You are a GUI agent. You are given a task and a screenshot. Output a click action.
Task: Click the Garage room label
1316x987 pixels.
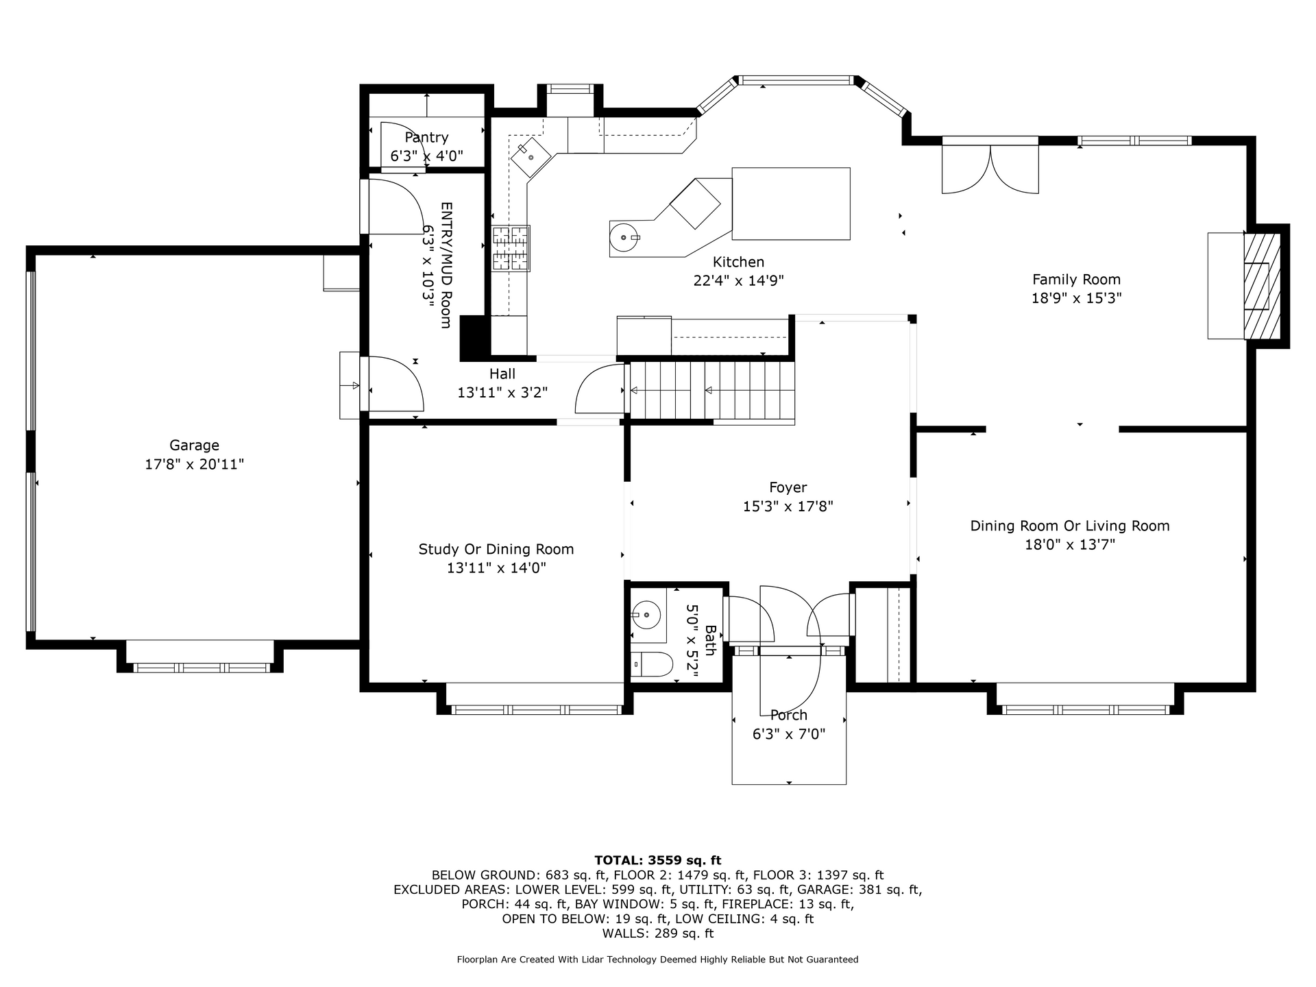[x=195, y=446]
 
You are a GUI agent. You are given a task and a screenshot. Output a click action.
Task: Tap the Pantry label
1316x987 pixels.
[x=426, y=137]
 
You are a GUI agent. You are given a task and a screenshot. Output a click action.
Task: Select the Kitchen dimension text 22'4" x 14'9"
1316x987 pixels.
[x=738, y=280]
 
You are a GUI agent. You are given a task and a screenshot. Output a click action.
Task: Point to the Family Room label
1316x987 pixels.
[x=1076, y=279]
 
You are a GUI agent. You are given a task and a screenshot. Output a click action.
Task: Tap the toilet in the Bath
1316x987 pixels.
[x=652, y=665]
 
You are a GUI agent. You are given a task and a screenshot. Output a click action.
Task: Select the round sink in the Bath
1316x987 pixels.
[x=646, y=615]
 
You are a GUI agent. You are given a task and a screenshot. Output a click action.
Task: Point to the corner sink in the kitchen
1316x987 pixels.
[x=531, y=157]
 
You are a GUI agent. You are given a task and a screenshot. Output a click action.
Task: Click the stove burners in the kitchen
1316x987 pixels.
[x=511, y=247]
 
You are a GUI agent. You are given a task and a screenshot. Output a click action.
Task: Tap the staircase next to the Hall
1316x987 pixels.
[x=712, y=391]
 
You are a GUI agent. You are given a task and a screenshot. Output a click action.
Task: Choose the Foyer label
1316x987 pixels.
[x=788, y=487]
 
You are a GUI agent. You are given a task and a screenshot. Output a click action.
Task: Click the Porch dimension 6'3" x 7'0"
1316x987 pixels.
[x=788, y=734]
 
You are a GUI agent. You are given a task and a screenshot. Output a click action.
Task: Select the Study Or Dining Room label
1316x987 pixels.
[x=496, y=549]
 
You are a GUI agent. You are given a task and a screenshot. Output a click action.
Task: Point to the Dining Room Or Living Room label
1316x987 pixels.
[x=1070, y=526]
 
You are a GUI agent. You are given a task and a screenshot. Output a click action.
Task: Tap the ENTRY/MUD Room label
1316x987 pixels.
[x=446, y=265]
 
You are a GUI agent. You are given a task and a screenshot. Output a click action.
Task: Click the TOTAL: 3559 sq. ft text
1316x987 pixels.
[x=657, y=860]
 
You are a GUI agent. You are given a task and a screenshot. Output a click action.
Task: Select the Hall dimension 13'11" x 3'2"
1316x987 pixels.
[x=502, y=393]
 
